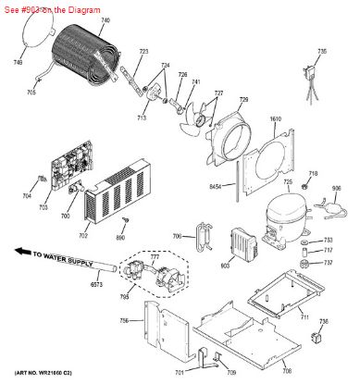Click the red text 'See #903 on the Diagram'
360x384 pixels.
coord(45,6)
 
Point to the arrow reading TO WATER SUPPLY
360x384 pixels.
coord(55,257)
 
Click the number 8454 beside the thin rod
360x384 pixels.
coord(216,187)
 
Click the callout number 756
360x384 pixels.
coord(124,321)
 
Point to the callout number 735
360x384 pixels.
coord(322,51)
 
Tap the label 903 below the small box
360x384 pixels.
coord(224,266)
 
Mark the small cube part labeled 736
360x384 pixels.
coord(323,337)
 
